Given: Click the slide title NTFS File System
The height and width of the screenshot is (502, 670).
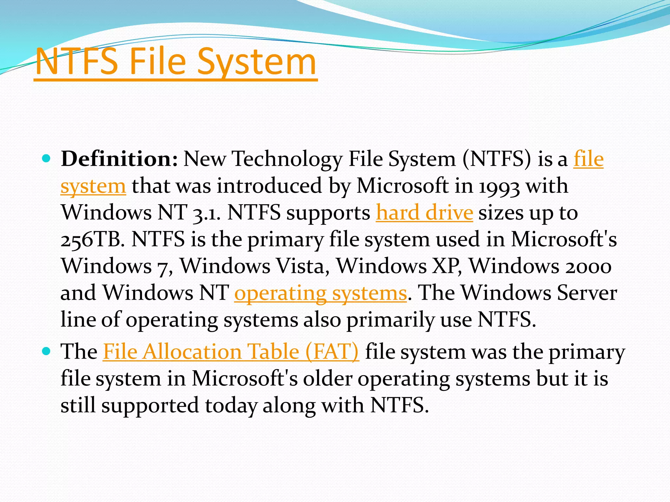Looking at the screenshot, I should tap(176, 61).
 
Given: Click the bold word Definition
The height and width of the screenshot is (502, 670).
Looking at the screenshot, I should tap(119, 159).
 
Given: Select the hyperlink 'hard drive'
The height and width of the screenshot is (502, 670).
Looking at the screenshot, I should tap(424, 213).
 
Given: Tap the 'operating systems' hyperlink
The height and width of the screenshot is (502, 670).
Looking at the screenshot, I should tap(321, 293).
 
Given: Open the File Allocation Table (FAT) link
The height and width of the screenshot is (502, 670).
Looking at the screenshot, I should tap(231, 352).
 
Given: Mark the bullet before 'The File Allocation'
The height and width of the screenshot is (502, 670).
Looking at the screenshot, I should tap(46, 352).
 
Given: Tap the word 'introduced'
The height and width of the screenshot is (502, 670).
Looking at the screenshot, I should tap(270, 186).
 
